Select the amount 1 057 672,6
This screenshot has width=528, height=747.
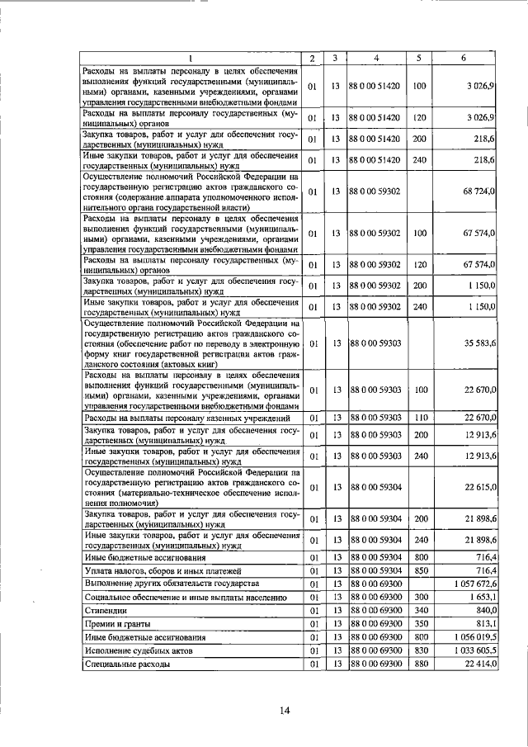(x=472, y=583)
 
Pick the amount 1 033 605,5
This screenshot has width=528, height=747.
(x=472, y=650)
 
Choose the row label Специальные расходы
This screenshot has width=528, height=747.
(x=127, y=664)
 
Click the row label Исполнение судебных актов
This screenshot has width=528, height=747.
(x=139, y=650)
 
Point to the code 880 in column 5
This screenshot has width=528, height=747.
(x=419, y=664)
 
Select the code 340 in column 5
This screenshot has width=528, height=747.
(x=419, y=610)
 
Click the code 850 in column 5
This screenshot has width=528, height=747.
(x=419, y=570)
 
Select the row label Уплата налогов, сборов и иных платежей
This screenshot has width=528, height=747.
(x=163, y=570)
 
